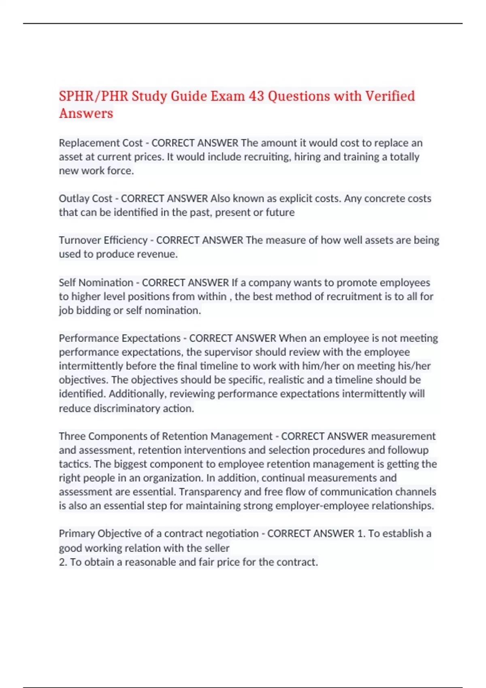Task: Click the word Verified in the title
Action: (390, 96)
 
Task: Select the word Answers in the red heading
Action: (86, 113)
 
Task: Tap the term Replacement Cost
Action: (100, 143)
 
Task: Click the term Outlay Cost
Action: (85, 198)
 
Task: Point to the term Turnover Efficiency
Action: (103, 240)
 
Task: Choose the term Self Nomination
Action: (96, 282)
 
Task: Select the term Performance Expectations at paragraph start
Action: (119, 338)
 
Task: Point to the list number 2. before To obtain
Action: (63, 562)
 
